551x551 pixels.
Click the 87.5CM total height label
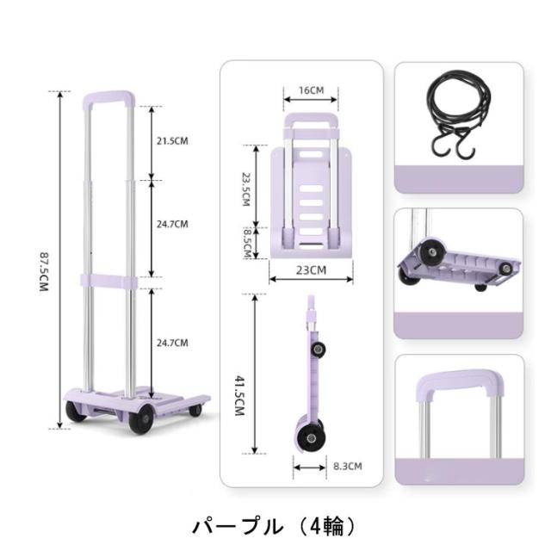click(x=44, y=272)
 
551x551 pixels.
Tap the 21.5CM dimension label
click(x=172, y=141)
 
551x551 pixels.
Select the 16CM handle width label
click(x=312, y=90)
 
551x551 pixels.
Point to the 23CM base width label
click(x=311, y=270)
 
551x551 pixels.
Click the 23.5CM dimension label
click(x=246, y=189)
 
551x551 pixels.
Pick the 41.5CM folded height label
click(x=239, y=396)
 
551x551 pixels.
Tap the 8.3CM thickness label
click(x=348, y=467)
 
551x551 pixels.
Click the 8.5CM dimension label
click(x=247, y=243)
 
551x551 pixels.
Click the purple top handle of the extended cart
click(x=109, y=97)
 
